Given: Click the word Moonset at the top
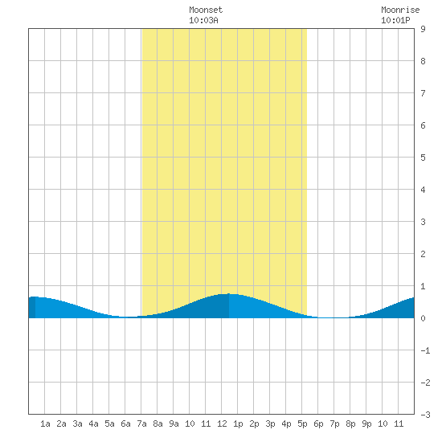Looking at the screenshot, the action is pyautogui.click(x=206, y=10).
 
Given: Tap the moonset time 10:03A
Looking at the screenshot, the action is pyautogui.click(x=203, y=20).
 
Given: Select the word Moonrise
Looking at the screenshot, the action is pyautogui.click(x=400, y=10).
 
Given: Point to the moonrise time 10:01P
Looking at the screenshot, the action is pyautogui.click(x=395, y=20).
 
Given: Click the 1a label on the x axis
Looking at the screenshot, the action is pyautogui.click(x=45, y=424).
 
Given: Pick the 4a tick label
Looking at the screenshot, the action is pyautogui.click(x=93, y=424).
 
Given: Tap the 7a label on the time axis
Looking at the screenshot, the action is pyautogui.click(x=141, y=424).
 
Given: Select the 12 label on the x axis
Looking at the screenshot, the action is pyautogui.click(x=222, y=424).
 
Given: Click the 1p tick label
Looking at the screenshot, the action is pyautogui.click(x=238, y=424).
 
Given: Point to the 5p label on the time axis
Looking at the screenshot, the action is pyautogui.click(x=302, y=424).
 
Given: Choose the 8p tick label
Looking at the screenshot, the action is pyautogui.click(x=350, y=424).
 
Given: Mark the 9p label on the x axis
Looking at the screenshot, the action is pyautogui.click(x=366, y=424).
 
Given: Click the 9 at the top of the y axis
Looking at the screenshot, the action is pyautogui.click(x=423, y=29).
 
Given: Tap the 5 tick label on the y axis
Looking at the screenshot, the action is pyautogui.click(x=423, y=158).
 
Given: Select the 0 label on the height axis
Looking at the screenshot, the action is pyautogui.click(x=423, y=318).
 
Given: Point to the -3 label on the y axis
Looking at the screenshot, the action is pyautogui.click(x=425, y=415).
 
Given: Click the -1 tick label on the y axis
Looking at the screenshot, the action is pyautogui.click(x=425, y=350).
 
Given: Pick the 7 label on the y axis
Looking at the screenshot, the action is pyautogui.click(x=423, y=93).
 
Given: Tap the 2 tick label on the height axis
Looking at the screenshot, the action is pyautogui.click(x=423, y=254).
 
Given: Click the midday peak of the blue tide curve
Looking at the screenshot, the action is pyautogui.click(x=229, y=293).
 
